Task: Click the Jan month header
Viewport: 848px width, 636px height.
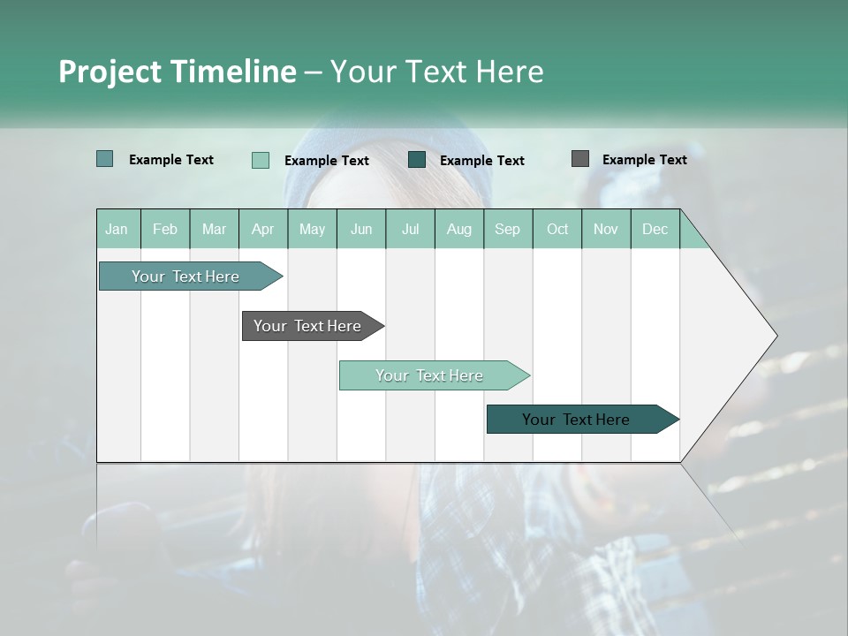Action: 117,229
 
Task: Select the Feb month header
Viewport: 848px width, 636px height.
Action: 165,229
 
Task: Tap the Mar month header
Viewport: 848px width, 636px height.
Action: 214,229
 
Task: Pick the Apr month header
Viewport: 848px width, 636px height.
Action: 262,229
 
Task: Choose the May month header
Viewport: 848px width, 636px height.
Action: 312,229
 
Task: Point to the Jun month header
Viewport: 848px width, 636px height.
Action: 361,229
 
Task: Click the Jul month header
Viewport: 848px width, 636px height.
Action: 410,229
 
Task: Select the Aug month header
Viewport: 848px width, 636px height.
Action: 458,229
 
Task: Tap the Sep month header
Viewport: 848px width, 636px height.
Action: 507,229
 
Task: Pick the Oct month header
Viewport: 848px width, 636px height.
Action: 557,229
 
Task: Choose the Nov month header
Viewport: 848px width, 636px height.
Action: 605,229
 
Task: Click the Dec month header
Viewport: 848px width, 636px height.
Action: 655,229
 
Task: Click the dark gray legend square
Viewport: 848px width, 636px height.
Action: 580,159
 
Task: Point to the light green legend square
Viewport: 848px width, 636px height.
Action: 261,160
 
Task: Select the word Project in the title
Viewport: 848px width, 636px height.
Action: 110,72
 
